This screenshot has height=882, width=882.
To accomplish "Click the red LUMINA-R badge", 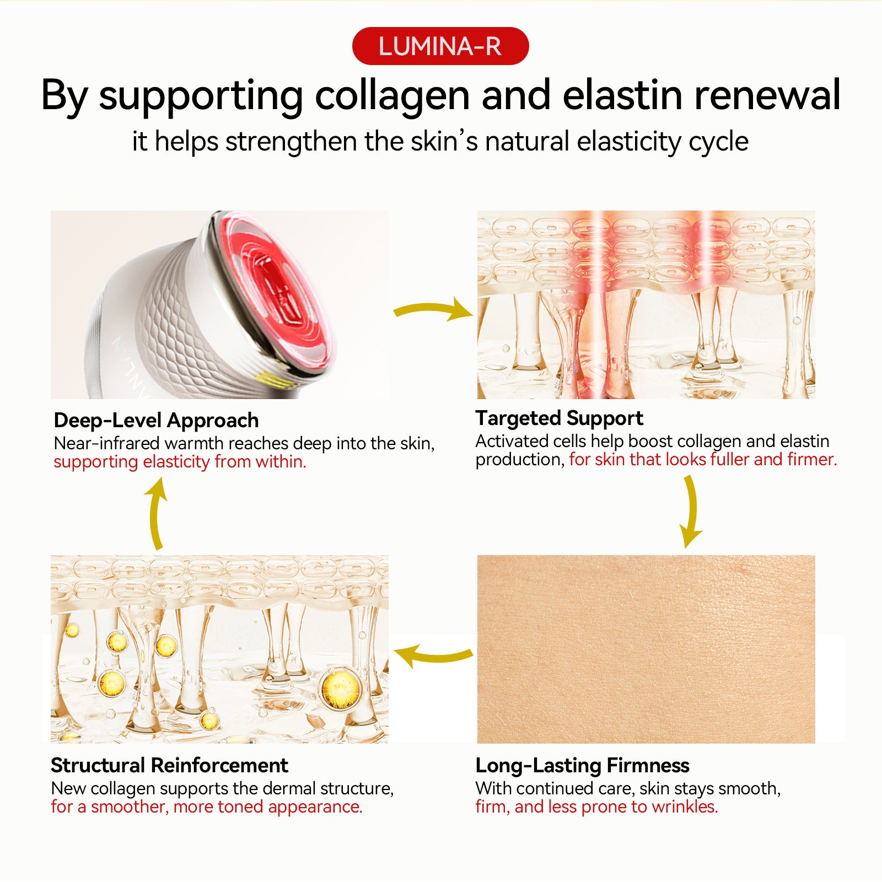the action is click(440, 46).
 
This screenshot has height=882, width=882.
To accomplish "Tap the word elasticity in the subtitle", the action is click(628, 142).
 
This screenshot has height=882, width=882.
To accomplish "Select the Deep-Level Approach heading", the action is click(156, 421).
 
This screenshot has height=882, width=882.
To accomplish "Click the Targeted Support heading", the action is click(559, 419).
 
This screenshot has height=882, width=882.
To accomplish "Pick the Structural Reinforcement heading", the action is click(169, 766).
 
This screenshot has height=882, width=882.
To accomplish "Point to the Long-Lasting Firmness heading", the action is click(582, 766).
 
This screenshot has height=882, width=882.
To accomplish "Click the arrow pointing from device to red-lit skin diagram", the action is click(433, 310).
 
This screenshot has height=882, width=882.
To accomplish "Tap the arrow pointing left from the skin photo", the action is click(433, 656).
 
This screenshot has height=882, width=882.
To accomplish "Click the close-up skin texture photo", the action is click(646, 649).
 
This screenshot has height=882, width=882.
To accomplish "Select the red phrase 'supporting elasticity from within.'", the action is click(180, 462).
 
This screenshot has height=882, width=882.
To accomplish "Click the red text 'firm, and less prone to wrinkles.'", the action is click(596, 807).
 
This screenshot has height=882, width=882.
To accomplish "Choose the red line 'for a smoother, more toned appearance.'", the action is click(207, 807).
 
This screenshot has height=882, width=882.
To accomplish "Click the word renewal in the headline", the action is click(767, 96).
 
